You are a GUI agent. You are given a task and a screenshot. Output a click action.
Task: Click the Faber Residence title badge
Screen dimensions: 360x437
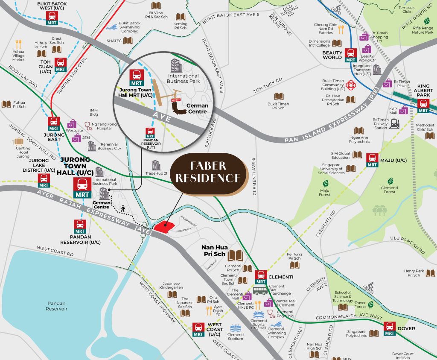(208, 172)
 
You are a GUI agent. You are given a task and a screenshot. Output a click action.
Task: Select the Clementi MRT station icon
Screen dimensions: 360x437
(261, 277)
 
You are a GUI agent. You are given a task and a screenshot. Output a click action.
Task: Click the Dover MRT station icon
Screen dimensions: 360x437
(389, 328)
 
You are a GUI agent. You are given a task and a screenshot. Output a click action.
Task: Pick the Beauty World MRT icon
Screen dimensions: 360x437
(351, 55)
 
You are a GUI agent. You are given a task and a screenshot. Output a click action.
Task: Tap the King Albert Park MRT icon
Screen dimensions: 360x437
(423, 105)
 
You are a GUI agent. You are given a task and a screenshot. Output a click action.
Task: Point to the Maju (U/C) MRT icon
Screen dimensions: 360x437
(372, 160)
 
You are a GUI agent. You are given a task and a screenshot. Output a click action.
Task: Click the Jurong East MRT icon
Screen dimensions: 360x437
(54, 124)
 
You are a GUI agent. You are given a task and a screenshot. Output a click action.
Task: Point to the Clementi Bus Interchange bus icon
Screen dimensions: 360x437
(260, 291)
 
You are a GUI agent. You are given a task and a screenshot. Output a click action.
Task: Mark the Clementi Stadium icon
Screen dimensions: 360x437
(235, 329)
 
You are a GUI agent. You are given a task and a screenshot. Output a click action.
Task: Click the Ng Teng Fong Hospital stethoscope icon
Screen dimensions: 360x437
(88, 126)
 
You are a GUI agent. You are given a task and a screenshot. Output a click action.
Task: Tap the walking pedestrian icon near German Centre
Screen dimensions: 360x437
(123, 208)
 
